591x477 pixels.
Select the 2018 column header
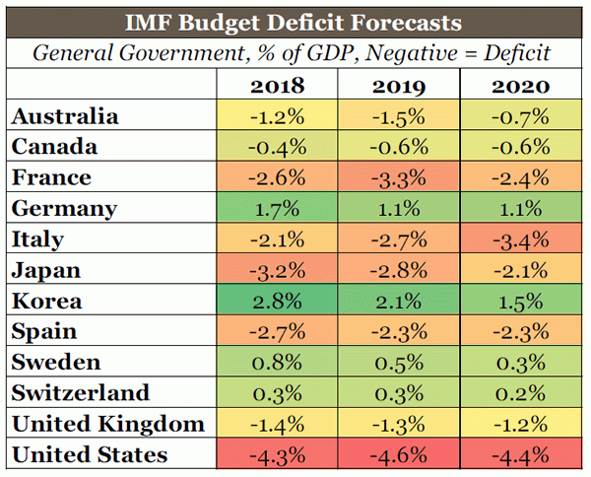[x=279, y=86]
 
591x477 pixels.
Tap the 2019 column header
[x=399, y=86]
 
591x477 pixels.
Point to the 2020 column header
[x=519, y=86]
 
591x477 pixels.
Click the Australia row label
[x=65, y=116]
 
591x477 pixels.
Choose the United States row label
[x=90, y=454]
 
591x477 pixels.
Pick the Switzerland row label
[x=80, y=393]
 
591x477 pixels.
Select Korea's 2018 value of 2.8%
[x=279, y=301]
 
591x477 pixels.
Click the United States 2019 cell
[x=399, y=454]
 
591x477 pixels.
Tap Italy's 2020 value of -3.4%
[x=519, y=239]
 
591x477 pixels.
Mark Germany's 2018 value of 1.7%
[x=279, y=209]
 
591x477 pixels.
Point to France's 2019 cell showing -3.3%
[x=399, y=177]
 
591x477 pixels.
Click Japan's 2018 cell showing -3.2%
[x=279, y=270]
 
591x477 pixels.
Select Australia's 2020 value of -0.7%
[x=519, y=116]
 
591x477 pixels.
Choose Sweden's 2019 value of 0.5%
[x=399, y=363]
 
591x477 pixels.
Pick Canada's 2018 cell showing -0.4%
[x=279, y=147]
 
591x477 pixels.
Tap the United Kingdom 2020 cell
[x=519, y=424]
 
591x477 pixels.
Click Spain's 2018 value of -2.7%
[x=279, y=331]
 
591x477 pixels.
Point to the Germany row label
[x=64, y=209]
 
